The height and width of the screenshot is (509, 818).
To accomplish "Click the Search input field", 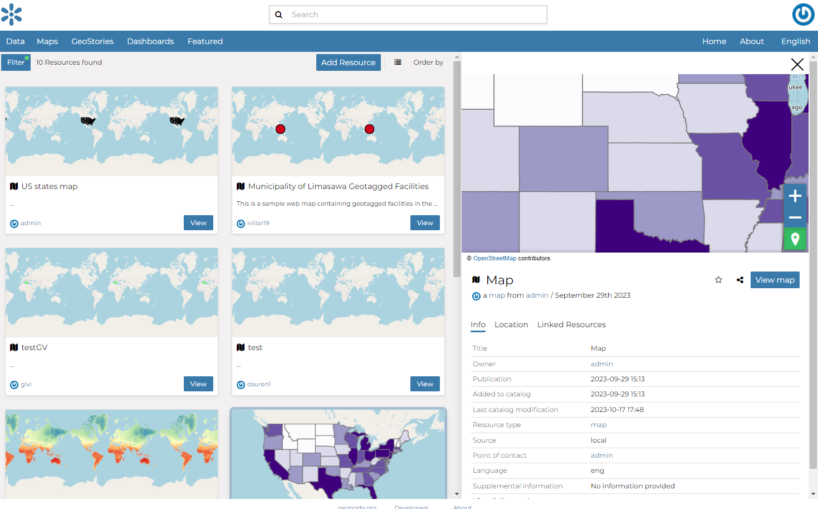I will point(415,14).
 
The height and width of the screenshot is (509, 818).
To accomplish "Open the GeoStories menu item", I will point(92,41).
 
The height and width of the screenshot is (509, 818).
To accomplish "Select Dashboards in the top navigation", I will point(150,41).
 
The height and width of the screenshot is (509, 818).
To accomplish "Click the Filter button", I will point(16,62).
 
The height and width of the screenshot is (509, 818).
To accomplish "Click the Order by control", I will point(428,62).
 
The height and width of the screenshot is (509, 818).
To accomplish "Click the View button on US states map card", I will point(198,223).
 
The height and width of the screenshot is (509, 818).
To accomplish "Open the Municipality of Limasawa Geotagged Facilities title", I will point(338,186).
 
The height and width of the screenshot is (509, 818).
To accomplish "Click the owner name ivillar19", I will point(258,223).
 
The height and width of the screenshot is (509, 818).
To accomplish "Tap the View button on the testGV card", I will point(198,384).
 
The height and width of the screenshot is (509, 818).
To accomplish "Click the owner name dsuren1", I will point(259,384).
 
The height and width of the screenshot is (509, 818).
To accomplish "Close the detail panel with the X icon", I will point(797,65).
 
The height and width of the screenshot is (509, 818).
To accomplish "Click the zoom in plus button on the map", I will point(795,196).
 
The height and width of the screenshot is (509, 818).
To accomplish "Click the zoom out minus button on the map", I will point(795,217).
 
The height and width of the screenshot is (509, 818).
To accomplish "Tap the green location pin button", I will point(795,239).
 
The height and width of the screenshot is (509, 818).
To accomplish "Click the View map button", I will point(775,280).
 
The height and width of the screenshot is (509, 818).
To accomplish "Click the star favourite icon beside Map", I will point(718,280).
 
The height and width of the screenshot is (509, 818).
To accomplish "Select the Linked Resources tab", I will point(571,324).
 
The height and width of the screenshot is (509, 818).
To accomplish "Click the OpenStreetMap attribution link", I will point(494,258).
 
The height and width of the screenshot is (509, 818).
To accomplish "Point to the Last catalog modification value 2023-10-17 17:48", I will point(617,410).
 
